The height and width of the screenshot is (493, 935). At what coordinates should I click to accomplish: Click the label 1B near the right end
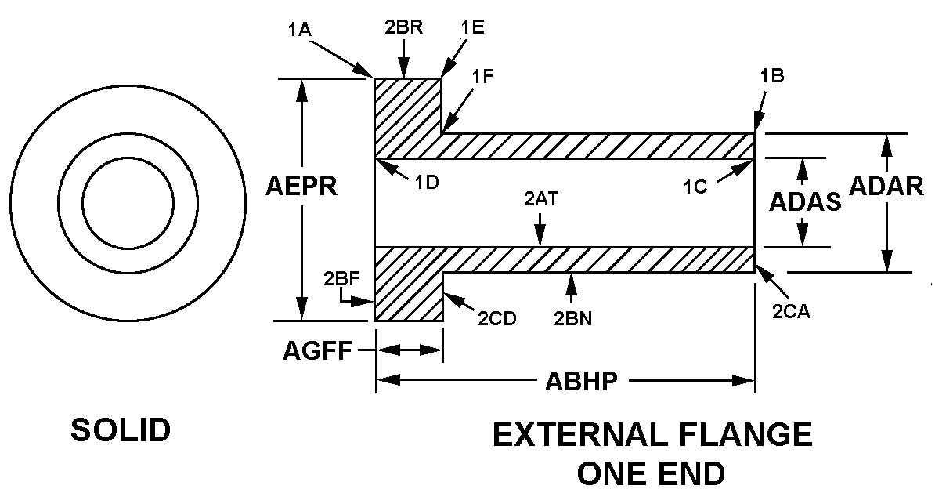pyautogui.click(x=771, y=76)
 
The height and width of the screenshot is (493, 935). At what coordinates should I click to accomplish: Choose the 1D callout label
pyautogui.click(x=427, y=183)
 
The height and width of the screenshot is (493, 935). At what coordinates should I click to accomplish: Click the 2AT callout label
pyautogui.click(x=540, y=198)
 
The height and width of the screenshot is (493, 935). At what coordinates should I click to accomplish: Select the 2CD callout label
pyautogui.click(x=497, y=318)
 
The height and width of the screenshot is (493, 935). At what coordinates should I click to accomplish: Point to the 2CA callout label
pyautogui.click(x=791, y=311)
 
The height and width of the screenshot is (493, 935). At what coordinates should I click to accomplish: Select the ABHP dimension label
pyautogui.click(x=581, y=382)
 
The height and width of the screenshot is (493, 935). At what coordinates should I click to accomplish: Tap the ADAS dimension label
pyautogui.click(x=804, y=202)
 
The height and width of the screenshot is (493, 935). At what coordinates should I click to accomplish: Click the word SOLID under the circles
pyautogui.click(x=121, y=430)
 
